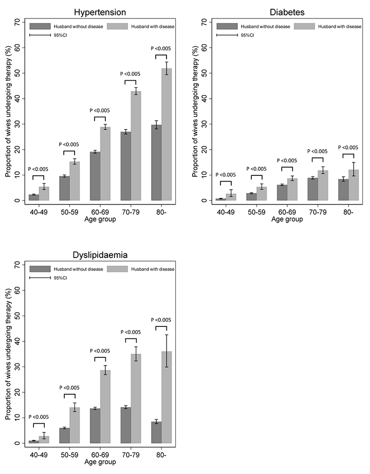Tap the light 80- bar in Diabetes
pos(354,185)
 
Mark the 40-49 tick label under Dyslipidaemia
pos(39,454)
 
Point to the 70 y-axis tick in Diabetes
pos(204,22)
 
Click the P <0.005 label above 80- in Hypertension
pos(161,49)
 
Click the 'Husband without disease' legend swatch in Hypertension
pos(39,26)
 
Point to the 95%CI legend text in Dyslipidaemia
pos(61,278)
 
